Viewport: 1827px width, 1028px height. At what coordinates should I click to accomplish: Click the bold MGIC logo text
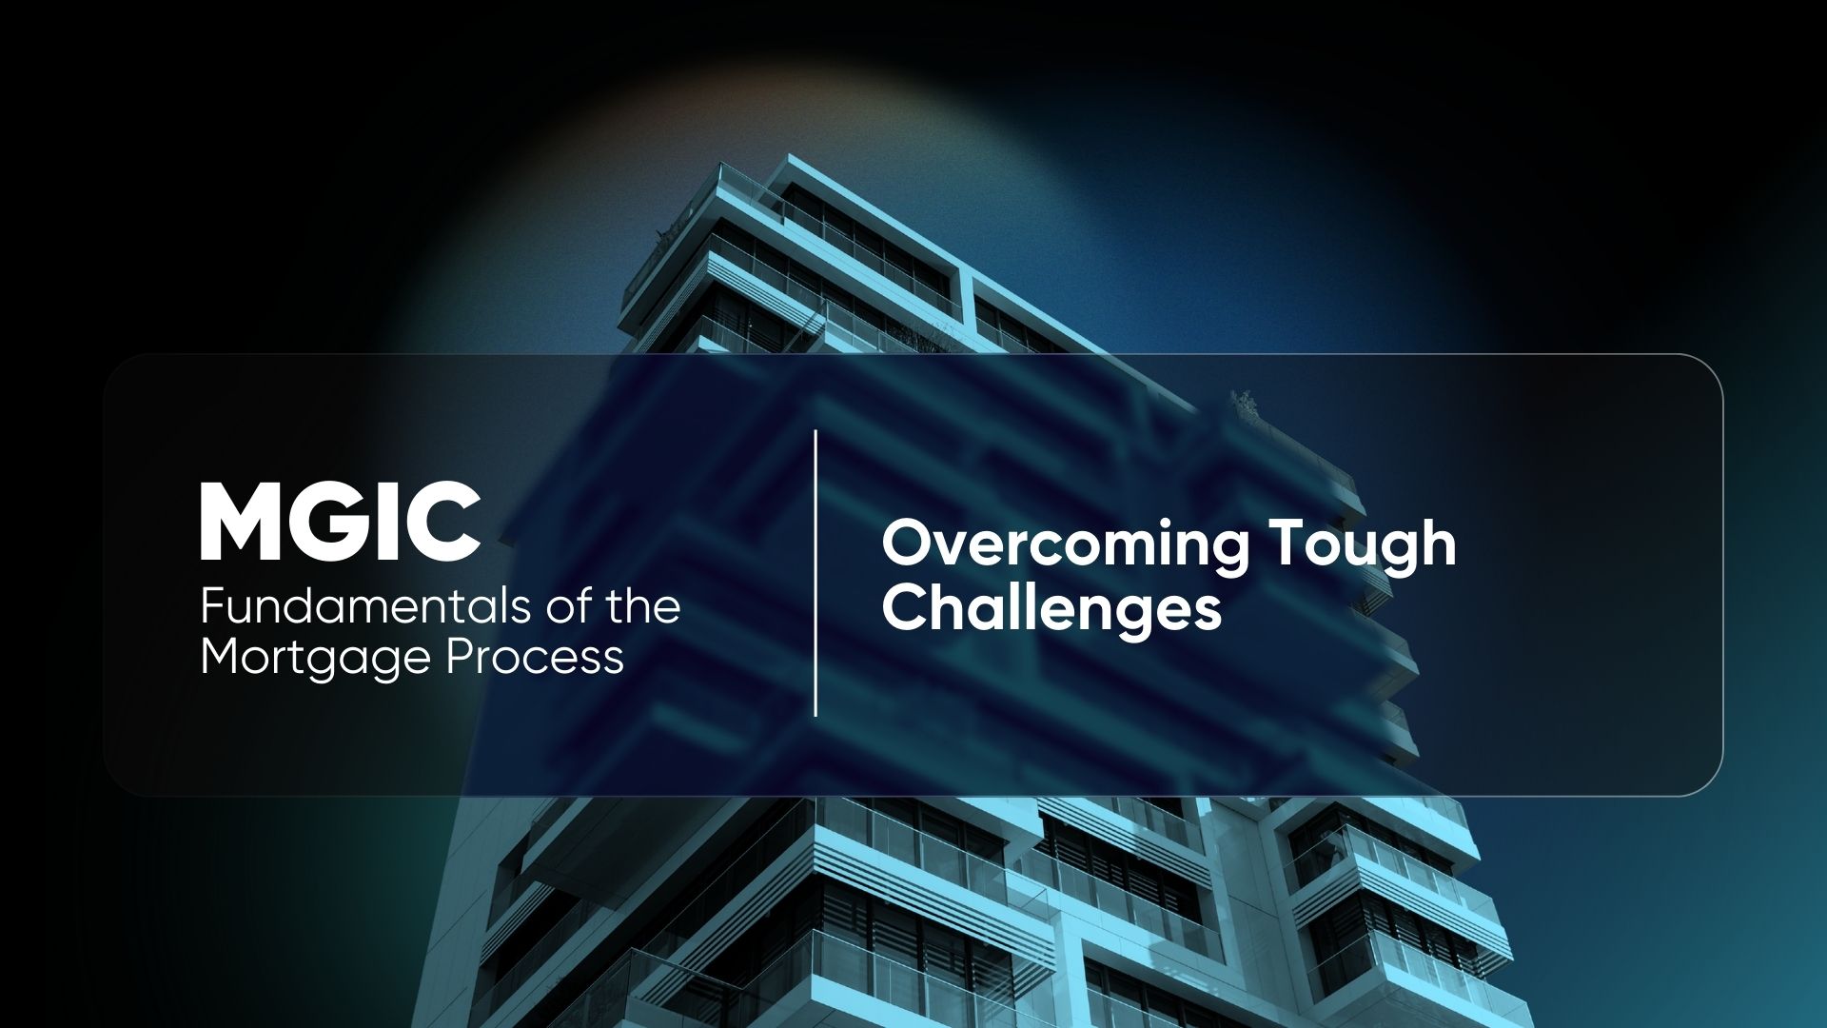click(340, 522)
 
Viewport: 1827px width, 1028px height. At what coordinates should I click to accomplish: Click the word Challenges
click(1051, 608)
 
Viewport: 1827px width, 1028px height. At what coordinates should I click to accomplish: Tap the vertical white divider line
click(815, 572)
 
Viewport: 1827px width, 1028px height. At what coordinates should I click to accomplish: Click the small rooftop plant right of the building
click(1244, 404)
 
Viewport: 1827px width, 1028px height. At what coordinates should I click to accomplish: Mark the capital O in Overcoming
click(911, 544)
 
